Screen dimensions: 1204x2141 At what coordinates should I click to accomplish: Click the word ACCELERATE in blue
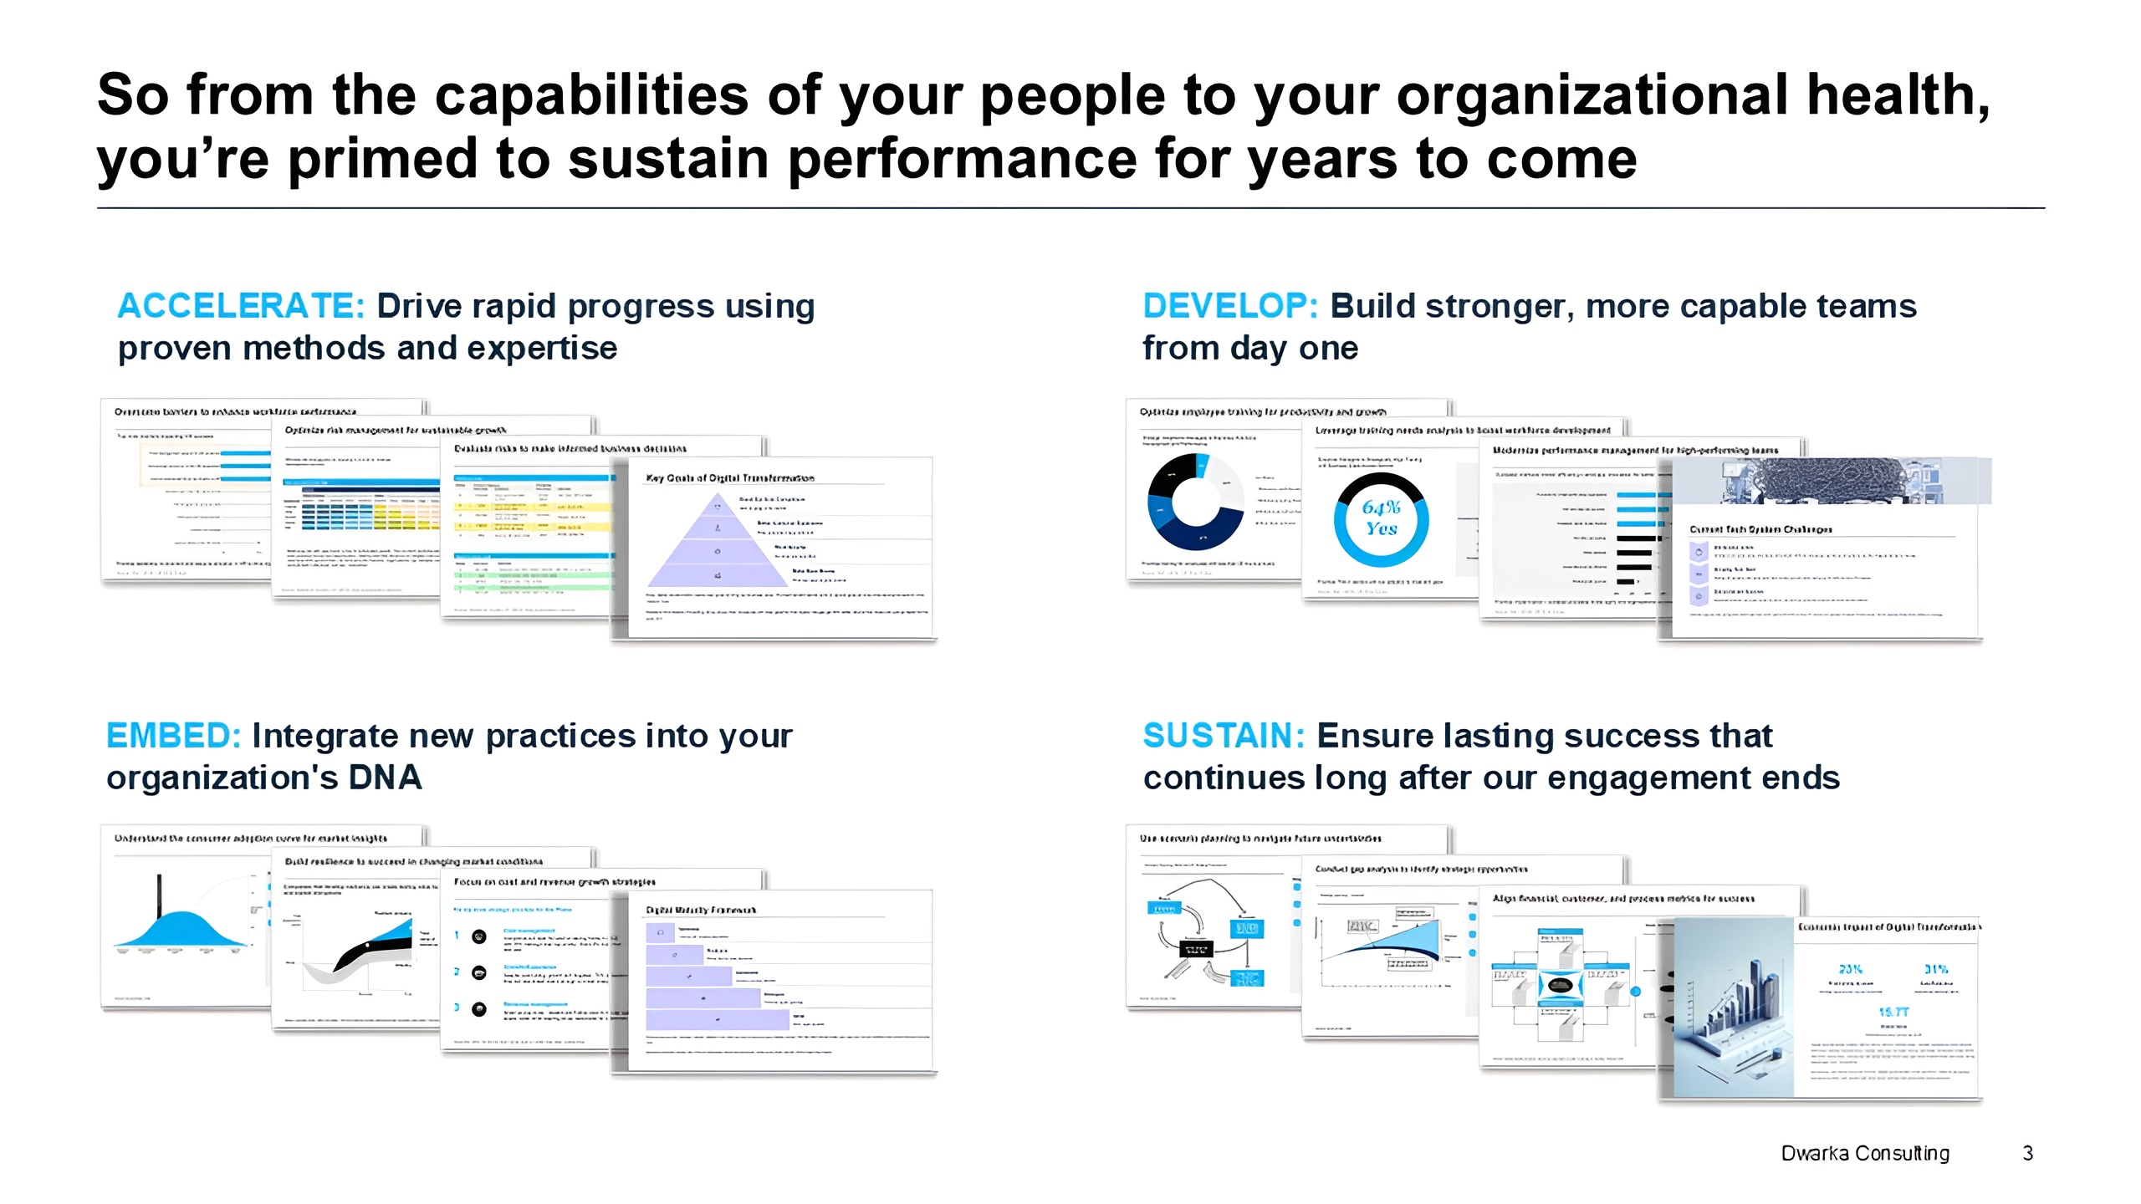(x=241, y=306)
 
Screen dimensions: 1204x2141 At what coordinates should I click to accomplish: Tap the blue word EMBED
(x=173, y=736)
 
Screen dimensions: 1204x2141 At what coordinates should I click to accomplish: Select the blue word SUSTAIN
(x=1224, y=736)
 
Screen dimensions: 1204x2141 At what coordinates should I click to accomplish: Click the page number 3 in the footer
(x=2027, y=1153)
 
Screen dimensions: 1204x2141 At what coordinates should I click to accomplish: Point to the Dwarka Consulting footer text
(x=1864, y=1153)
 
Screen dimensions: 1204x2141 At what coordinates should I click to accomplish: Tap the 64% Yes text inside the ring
(x=1381, y=518)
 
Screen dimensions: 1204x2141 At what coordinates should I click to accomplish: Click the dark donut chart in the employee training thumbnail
(x=1195, y=501)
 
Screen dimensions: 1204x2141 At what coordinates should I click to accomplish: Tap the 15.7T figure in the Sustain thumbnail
(x=1893, y=1012)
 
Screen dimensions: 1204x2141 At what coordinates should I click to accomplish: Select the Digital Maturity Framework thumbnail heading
(x=701, y=910)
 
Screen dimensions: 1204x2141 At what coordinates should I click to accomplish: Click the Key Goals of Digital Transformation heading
(x=729, y=478)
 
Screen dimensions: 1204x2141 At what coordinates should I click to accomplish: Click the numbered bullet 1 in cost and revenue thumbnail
(x=457, y=936)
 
